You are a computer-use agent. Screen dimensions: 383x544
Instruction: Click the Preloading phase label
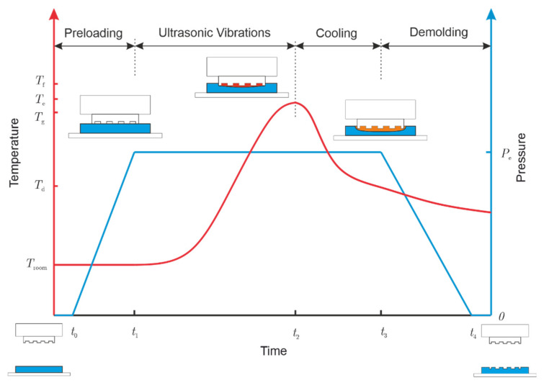coord(94,32)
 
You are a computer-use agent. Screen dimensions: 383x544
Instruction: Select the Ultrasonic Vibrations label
coord(215,32)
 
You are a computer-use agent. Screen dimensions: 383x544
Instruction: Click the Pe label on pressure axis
coord(506,153)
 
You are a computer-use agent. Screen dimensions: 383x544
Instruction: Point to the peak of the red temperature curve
coord(295,102)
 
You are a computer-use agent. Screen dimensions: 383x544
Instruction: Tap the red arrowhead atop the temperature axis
coord(55,15)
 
